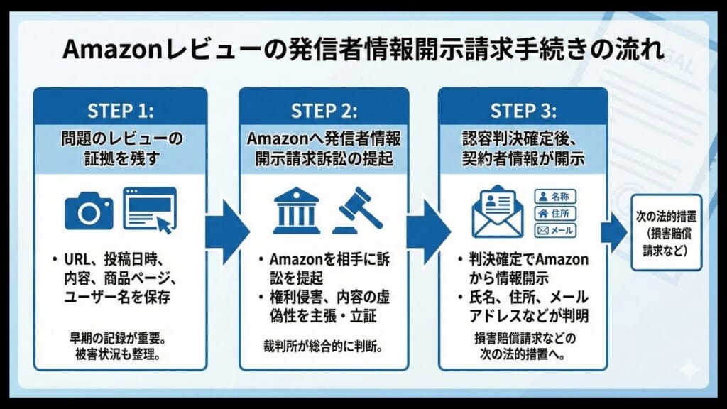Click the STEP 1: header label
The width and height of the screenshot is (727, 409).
120,111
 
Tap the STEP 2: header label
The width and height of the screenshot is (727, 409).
324,111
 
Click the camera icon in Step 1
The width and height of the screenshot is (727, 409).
89,211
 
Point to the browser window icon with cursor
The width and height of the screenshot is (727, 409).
150,209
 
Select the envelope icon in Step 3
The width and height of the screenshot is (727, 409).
498,210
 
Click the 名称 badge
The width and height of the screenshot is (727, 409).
554,195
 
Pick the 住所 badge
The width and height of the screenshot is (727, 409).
554,213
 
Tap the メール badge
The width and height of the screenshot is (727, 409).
554,231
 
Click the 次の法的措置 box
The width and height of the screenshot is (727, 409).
667,231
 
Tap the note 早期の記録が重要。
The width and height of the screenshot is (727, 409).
120,338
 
